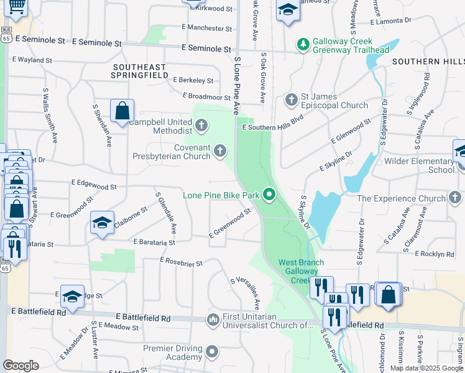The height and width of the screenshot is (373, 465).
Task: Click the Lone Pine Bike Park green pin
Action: [269, 195]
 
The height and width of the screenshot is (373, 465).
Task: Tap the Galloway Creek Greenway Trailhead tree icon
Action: [303, 44]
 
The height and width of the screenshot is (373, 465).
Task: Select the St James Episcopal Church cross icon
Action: [291, 99]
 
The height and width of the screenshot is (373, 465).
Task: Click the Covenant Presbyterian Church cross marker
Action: [220, 150]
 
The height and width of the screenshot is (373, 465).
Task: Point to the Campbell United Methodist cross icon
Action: [201, 126]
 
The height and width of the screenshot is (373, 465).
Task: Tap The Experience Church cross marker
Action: [455, 198]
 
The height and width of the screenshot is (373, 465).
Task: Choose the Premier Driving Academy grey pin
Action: [212, 353]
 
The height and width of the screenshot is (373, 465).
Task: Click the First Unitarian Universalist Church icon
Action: [213, 320]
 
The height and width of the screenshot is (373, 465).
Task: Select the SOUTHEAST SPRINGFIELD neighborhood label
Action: [140, 70]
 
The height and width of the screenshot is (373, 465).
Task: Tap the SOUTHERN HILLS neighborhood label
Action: [428, 62]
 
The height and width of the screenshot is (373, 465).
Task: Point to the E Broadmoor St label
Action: [206, 96]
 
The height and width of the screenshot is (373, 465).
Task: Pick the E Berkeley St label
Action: [193, 80]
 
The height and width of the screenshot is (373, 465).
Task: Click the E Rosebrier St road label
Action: [182, 263]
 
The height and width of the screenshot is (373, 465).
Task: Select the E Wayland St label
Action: [32, 60]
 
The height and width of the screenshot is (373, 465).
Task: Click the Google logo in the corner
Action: [21, 366]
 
